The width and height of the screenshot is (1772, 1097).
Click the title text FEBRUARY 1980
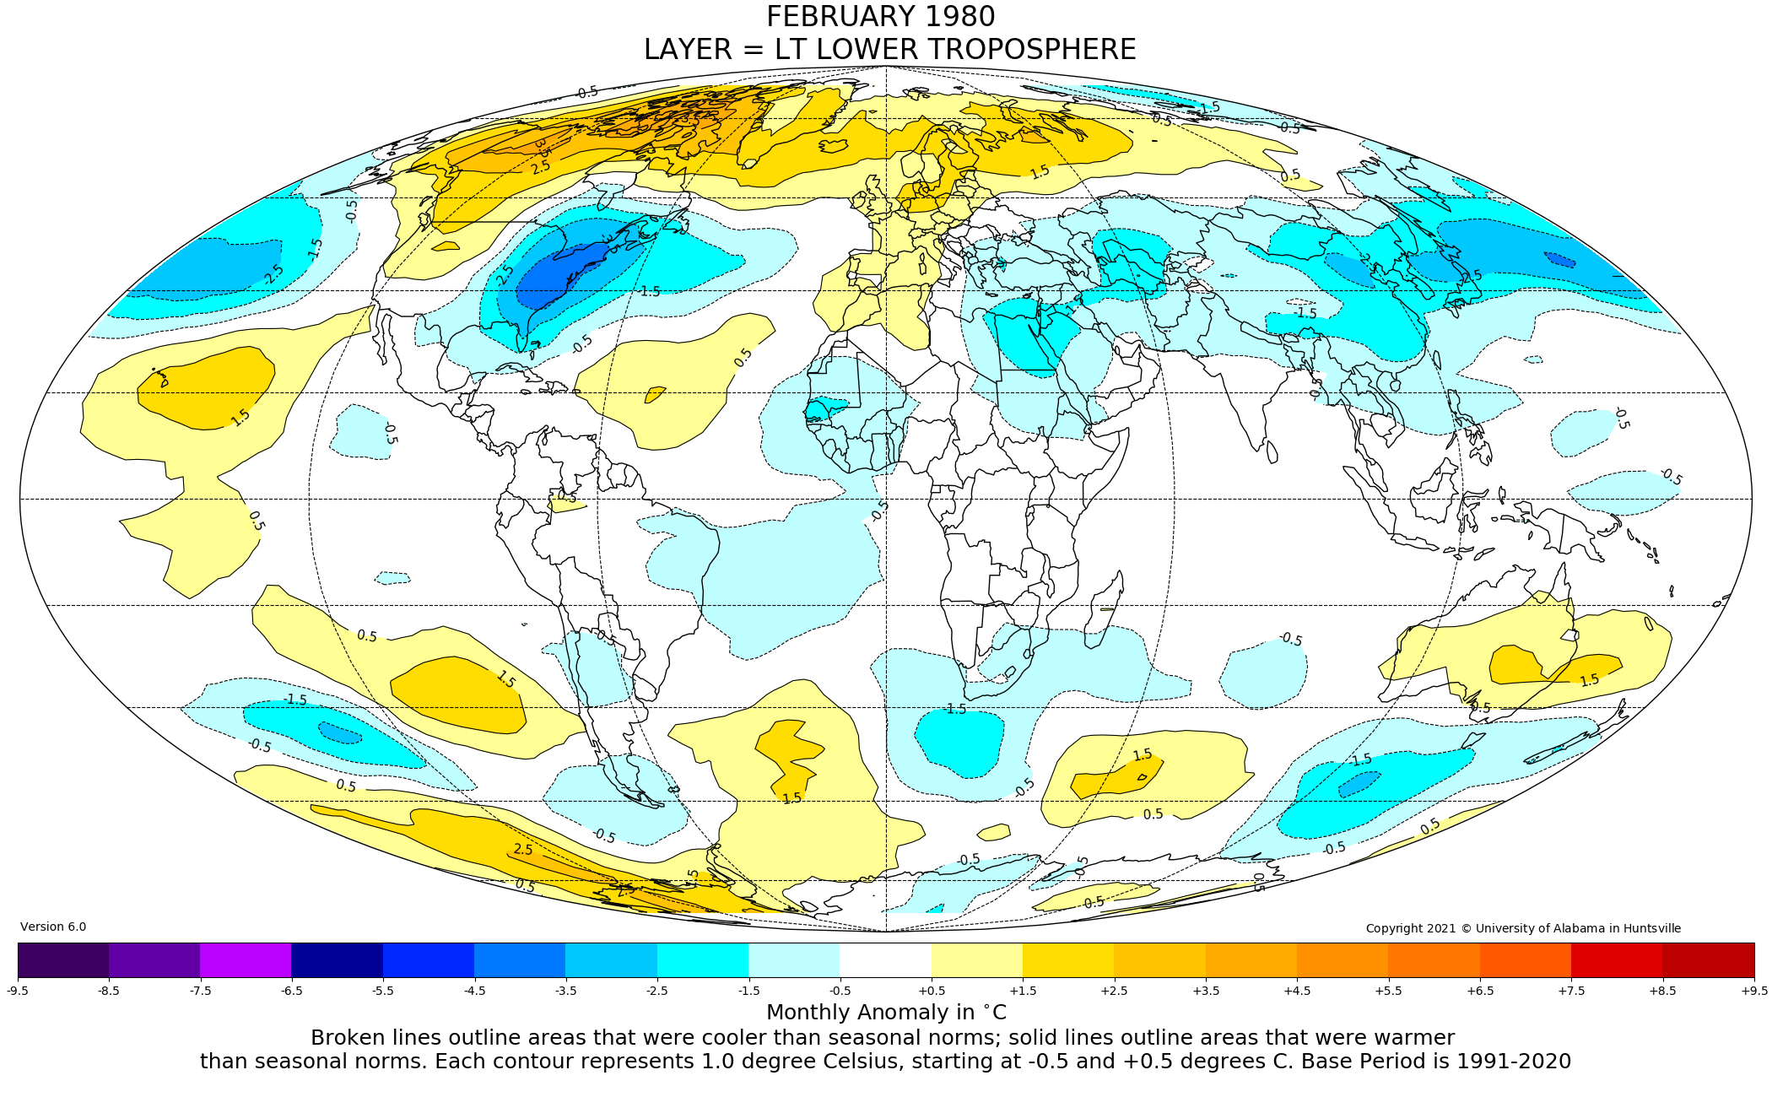(x=880, y=17)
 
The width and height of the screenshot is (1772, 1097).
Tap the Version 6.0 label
(x=53, y=927)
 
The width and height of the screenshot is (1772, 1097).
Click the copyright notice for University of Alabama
(x=1523, y=928)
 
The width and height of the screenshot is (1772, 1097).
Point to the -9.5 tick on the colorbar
(x=18, y=991)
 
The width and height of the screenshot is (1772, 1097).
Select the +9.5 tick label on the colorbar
(x=1753, y=991)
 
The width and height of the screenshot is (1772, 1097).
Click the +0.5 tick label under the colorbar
(x=932, y=991)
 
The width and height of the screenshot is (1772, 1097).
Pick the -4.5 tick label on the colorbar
(x=474, y=991)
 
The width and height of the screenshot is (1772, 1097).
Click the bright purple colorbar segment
(x=246, y=960)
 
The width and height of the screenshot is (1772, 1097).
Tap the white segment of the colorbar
(x=885, y=960)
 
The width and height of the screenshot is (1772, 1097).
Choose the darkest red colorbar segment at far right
(x=1708, y=960)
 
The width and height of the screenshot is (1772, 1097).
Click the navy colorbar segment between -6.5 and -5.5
(x=337, y=960)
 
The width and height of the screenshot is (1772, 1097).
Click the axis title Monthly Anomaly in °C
(x=886, y=1013)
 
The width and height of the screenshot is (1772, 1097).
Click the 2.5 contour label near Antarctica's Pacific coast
(x=523, y=850)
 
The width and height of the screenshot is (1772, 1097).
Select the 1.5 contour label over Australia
(x=1589, y=680)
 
